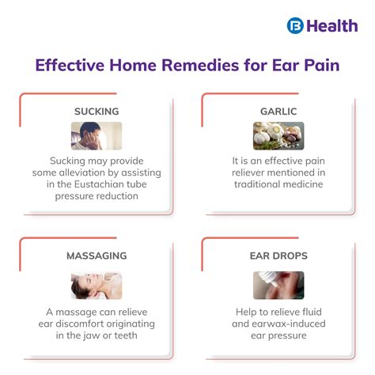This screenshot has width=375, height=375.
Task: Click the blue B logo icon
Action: point(295,25)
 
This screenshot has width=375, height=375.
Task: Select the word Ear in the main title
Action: point(275,66)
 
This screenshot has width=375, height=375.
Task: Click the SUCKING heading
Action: point(97,112)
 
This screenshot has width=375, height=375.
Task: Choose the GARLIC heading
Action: point(278,112)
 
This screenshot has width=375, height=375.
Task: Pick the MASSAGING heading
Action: point(97,256)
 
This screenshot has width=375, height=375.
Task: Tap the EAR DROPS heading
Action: point(278,256)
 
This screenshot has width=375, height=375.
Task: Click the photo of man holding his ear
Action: point(97,135)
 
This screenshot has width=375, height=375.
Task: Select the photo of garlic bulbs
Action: point(278,135)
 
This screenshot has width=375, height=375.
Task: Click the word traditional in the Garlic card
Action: point(255,184)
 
